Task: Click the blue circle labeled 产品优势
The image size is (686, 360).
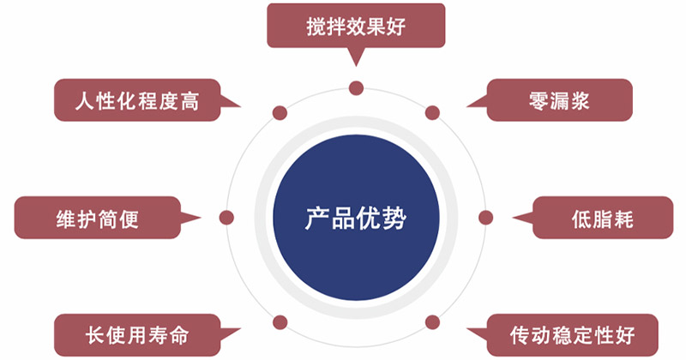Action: point(356,218)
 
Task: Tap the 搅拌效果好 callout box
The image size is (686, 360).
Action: point(356,26)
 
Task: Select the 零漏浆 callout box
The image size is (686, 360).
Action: point(560,100)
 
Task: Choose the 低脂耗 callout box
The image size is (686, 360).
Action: point(603,218)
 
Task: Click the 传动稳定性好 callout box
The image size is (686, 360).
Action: point(572,335)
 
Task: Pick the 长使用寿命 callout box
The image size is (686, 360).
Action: point(137,335)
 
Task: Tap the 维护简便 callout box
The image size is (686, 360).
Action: point(98,218)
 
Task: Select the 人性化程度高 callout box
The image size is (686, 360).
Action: point(137,100)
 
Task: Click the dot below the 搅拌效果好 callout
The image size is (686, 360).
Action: point(356,88)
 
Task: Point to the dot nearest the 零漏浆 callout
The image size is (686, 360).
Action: point(432,113)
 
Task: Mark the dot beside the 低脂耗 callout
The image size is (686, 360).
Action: point(485,218)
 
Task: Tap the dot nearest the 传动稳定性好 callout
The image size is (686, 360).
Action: point(432,322)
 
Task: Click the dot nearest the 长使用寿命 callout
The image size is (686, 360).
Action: point(280,323)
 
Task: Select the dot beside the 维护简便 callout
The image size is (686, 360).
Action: point(226,218)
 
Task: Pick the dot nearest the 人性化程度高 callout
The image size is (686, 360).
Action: point(280,113)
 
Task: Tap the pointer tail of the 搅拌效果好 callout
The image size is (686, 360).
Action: point(356,67)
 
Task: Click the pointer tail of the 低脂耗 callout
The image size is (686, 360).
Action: point(513,217)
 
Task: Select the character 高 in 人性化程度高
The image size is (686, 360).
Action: point(189,101)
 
